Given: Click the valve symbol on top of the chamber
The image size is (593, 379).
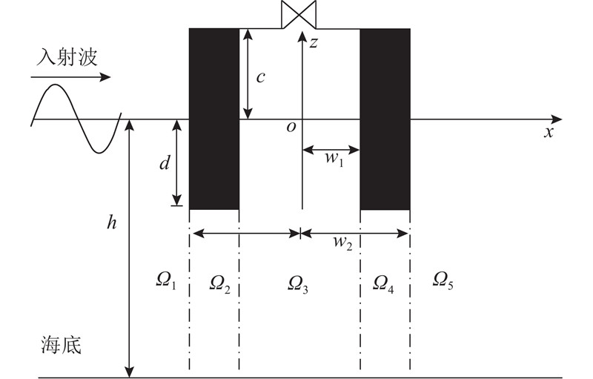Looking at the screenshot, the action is tap(299, 14).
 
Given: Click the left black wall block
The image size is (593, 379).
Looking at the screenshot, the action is tap(214, 119).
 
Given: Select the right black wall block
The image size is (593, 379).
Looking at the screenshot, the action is tap(385, 119).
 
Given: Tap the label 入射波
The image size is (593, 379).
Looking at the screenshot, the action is tap(67, 58).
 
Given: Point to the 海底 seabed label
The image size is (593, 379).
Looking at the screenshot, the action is tap(61, 345).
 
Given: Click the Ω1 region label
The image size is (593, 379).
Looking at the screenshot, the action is tap(166, 282).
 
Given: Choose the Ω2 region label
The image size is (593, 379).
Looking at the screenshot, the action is tap(219, 284).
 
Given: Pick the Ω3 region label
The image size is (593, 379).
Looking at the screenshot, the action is tap(298, 284).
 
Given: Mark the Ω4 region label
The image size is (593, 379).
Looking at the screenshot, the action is tap(383, 284).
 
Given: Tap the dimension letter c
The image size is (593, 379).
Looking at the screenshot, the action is tap(260, 77).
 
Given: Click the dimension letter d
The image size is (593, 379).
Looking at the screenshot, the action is tap(164, 163).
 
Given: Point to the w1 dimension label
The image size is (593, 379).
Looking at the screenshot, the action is tap(335, 159).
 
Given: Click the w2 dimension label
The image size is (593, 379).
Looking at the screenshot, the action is tap(342, 243).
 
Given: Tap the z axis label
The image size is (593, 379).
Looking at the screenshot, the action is tap(313, 43).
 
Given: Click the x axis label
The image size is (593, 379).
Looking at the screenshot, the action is tap(549, 132).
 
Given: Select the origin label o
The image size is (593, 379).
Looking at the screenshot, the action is tap(291, 128).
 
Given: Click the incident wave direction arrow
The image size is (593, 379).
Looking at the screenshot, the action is tap(70, 78).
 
